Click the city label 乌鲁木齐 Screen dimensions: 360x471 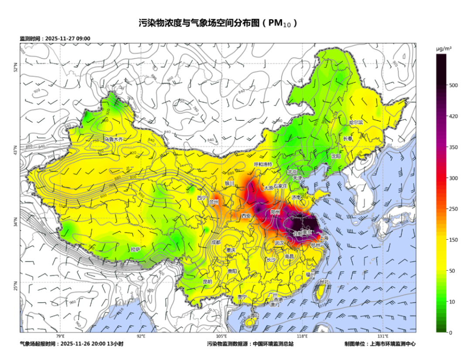[x=113, y=139]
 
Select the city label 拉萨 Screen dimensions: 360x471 [x=136, y=249]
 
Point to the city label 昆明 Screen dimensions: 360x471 [x=207, y=282]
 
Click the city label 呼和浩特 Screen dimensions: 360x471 [x=263, y=164]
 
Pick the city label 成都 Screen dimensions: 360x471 [x=216, y=242]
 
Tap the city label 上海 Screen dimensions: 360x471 [x=324, y=238]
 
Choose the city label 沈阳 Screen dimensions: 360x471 [x=336, y=156]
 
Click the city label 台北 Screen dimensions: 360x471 [x=324, y=282]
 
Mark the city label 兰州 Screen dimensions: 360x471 [x=214, y=202]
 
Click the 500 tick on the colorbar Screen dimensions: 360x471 [x=453, y=85]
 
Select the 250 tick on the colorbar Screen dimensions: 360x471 [x=453, y=209]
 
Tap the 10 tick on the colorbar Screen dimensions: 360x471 [x=452, y=302]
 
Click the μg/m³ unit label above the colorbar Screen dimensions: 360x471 [x=444, y=49]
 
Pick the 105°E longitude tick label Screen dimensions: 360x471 [x=222, y=336]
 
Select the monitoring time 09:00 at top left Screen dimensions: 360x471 [x=83, y=39]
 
